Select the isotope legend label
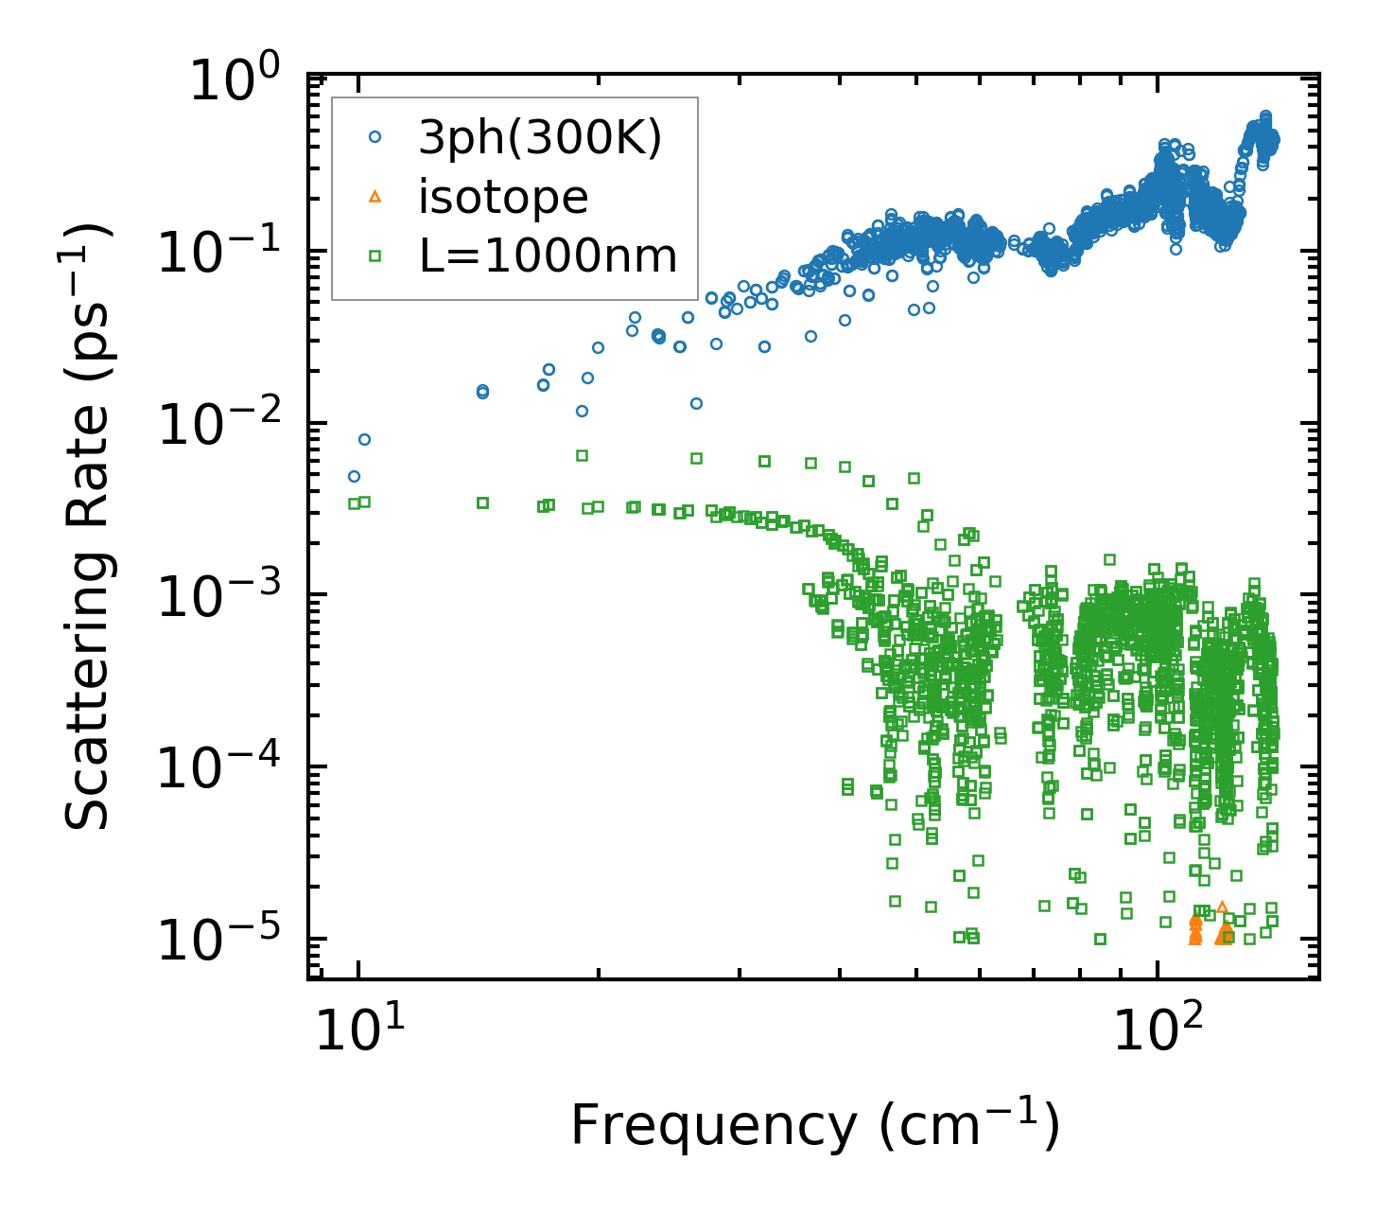click(504, 197)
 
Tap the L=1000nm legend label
click(549, 255)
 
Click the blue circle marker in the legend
click(374, 137)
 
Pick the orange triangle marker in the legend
click(374, 197)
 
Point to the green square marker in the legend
click(374, 255)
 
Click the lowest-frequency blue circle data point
click(354, 476)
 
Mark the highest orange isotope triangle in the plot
click(1222, 907)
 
